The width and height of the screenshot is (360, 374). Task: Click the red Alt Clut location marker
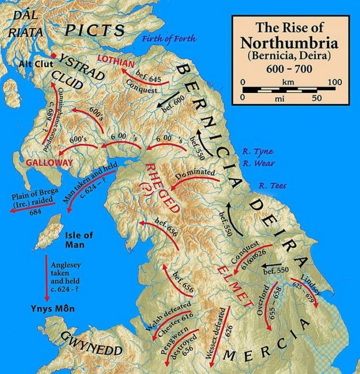pyautogui.click(x=53, y=56)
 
